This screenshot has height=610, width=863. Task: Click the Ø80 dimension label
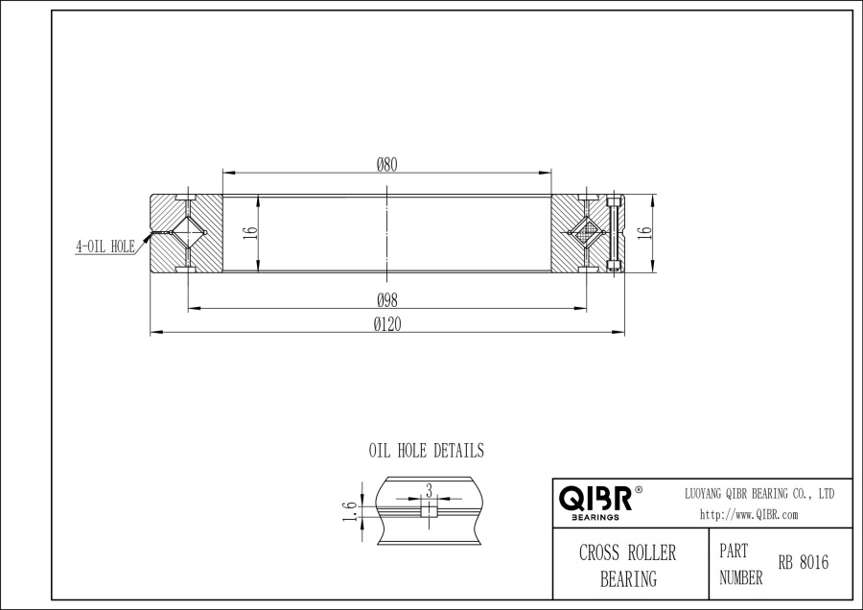pyautogui.click(x=387, y=163)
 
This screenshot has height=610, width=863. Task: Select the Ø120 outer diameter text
pyautogui.click(x=387, y=324)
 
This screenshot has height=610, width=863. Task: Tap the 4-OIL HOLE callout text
pyautogui.click(x=105, y=246)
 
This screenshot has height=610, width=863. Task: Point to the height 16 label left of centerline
pyautogui.click(x=248, y=233)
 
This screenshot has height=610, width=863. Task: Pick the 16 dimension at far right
pyautogui.click(x=644, y=232)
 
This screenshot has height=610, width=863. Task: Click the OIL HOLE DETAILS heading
pyautogui.click(x=427, y=450)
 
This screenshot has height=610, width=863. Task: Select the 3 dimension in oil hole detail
pyautogui.click(x=429, y=490)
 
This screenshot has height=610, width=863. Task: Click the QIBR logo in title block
pyautogui.click(x=595, y=499)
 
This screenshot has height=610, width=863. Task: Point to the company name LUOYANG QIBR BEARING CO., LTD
pyautogui.click(x=758, y=493)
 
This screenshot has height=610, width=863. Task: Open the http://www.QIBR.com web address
pyautogui.click(x=749, y=514)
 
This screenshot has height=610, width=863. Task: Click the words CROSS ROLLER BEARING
pyautogui.click(x=628, y=566)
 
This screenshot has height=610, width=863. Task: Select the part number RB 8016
pyautogui.click(x=804, y=563)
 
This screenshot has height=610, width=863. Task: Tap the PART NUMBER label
pyautogui.click(x=740, y=565)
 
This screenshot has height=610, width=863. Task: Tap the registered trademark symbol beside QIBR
pyautogui.click(x=639, y=490)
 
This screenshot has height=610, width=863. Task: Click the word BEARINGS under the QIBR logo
pyautogui.click(x=595, y=516)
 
